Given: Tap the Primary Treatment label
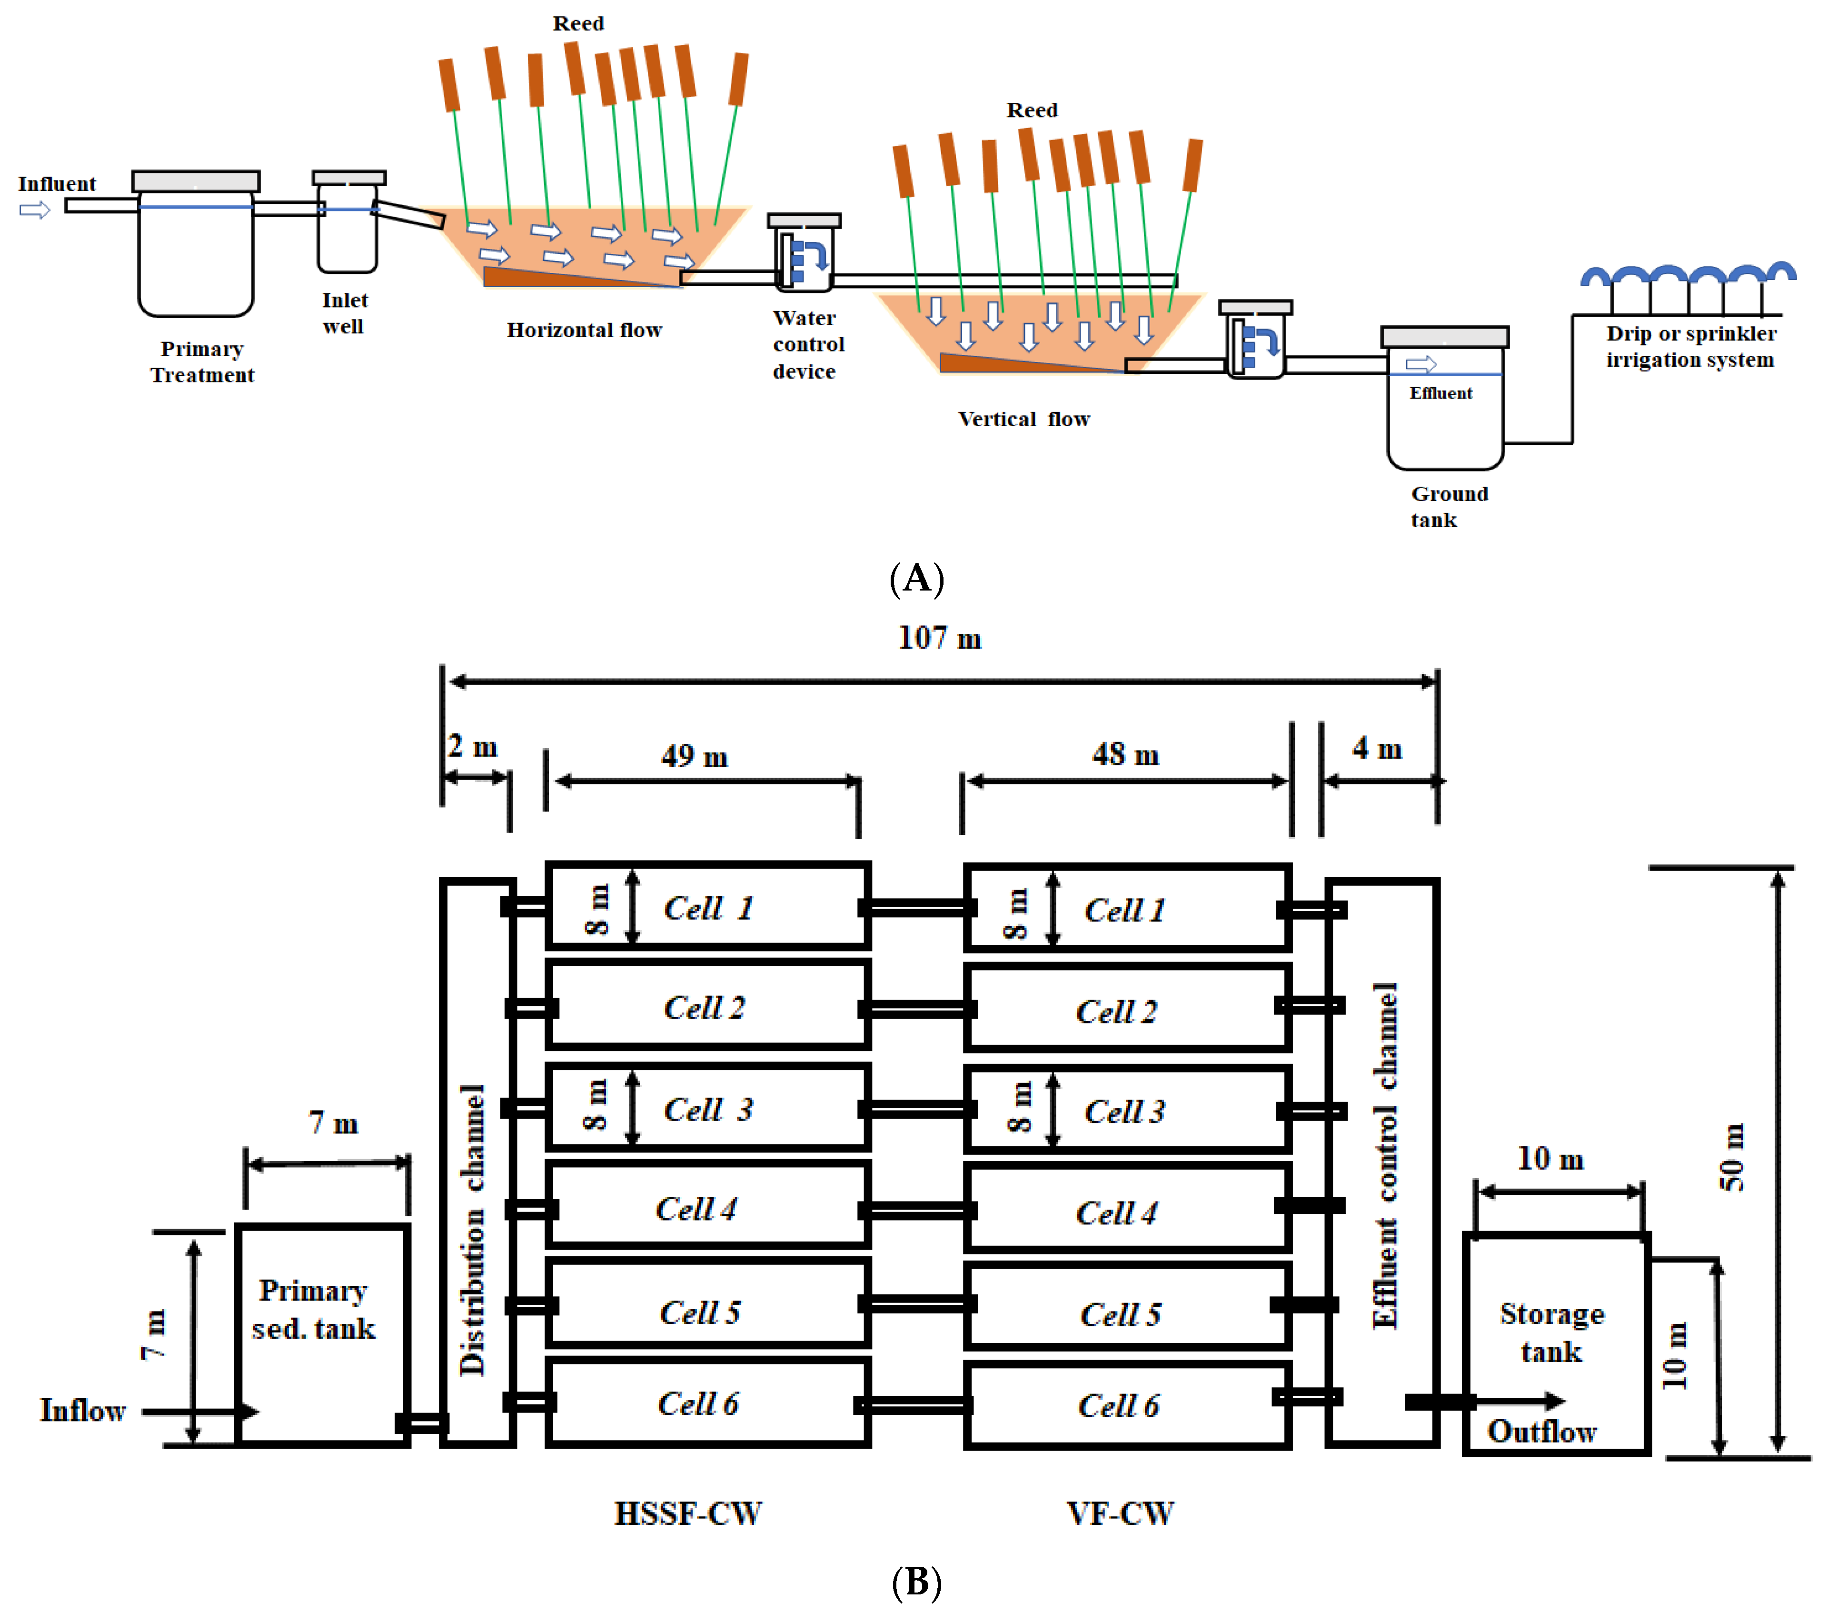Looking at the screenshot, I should pos(202,361).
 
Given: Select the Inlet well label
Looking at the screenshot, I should pos(344,313).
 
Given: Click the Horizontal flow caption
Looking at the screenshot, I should pos(584,330).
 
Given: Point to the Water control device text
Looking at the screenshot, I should pos(807,344).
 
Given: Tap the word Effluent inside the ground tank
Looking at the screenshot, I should pos(1440,393).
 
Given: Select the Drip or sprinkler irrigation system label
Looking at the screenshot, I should pos(1690,346).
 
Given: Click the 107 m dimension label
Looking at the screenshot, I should pos(939,638).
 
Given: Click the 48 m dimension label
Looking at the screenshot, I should pos(1125,754).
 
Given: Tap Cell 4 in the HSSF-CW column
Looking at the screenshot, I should pos(696,1210).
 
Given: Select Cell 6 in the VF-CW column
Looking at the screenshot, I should pos(1118,1405).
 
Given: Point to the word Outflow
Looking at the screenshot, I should pos(1541,1432).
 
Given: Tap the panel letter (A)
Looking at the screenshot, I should pos(917,578).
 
